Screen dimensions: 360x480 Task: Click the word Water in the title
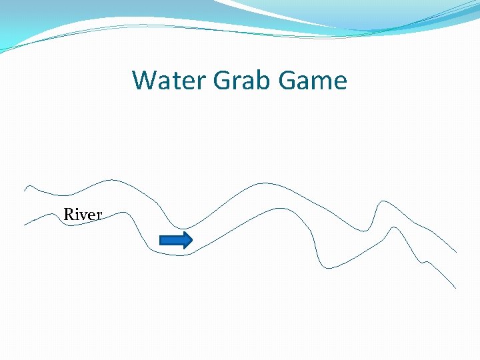(x=170, y=81)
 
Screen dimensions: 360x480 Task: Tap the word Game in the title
(x=313, y=81)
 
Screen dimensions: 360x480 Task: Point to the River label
(x=83, y=215)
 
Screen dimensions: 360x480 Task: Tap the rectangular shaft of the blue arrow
(x=171, y=240)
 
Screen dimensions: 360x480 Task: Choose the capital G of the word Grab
(x=223, y=81)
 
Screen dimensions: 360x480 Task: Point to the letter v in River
(x=85, y=216)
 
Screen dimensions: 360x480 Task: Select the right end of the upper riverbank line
(x=457, y=252)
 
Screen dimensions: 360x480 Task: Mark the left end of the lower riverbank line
(x=25, y=225)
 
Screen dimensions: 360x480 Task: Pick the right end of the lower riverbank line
(x=456, y=288)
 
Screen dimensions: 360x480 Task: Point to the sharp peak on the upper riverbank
(x=382, y=200)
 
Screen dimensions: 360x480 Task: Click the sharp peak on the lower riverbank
(x=395, y=227)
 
